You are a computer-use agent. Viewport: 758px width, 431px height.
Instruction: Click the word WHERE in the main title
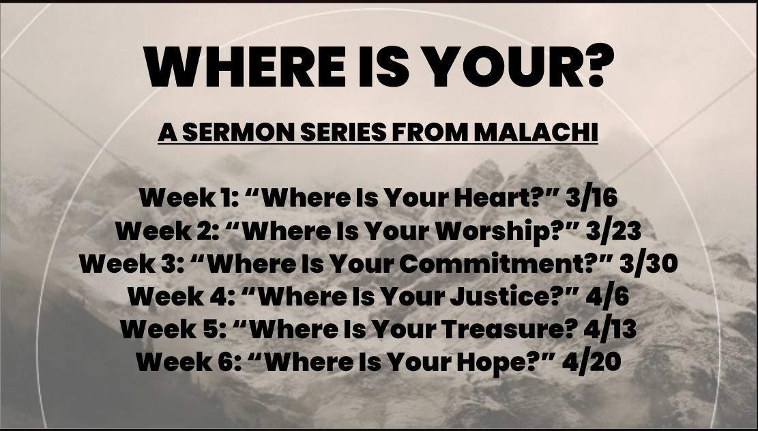[x=245, y=67]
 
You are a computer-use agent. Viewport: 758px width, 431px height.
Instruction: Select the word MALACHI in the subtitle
[x=536, y=132]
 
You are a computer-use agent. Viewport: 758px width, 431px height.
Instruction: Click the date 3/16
[x=592, y=198]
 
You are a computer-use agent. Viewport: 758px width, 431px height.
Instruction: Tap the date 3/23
[x=614, y=231]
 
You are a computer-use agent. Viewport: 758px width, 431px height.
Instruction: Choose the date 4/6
[x=607, y=296]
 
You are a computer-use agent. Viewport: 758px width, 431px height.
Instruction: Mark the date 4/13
[x=610, y=329]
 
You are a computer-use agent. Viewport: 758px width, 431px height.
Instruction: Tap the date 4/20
[x=592, y=362]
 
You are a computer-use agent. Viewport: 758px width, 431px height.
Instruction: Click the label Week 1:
[x=188, y=198]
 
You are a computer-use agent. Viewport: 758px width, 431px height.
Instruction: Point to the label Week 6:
[x=188, y=362]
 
